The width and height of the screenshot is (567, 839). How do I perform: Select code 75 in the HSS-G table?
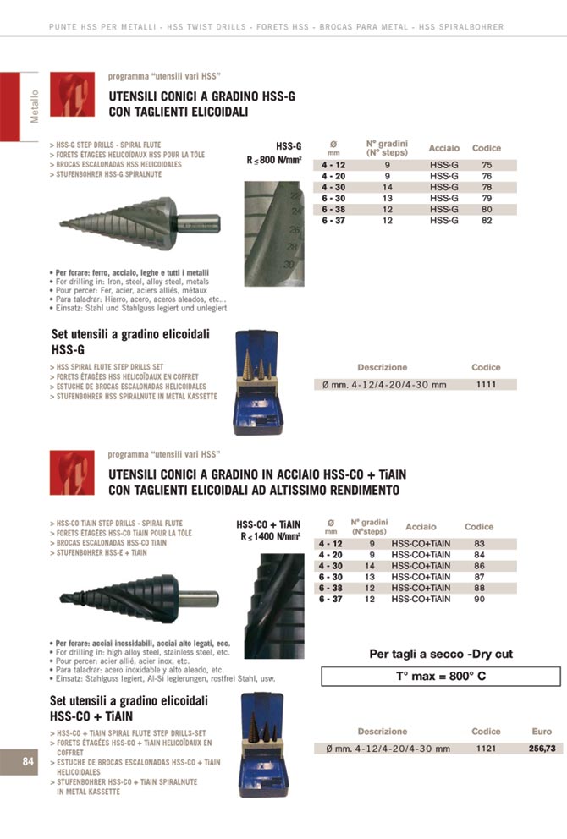click(487, 165)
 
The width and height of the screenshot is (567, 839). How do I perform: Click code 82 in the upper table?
click(487, 220)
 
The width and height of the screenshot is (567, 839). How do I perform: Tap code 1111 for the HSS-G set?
click(486, 384)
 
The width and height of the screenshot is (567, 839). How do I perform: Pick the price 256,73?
click(542, 749)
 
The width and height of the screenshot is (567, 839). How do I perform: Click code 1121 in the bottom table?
click(485, 749)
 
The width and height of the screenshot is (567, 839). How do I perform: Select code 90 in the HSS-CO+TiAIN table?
click(480, 599)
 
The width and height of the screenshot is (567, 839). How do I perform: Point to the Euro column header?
click(542, 732)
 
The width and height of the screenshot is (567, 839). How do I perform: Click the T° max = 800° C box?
click(441, 676)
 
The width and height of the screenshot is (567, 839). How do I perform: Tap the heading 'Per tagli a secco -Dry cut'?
click(441, 654)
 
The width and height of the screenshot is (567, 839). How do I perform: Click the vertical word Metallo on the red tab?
click(35, 106)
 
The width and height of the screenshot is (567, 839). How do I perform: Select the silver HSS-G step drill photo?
click(140, 223)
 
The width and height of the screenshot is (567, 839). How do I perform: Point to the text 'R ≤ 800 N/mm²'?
click(275, 159)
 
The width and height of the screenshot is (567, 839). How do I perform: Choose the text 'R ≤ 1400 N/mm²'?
click(270, 535)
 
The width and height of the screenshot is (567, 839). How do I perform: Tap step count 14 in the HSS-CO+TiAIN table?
click(369, 566)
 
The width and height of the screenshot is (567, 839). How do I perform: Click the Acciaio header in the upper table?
click(444, 148)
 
